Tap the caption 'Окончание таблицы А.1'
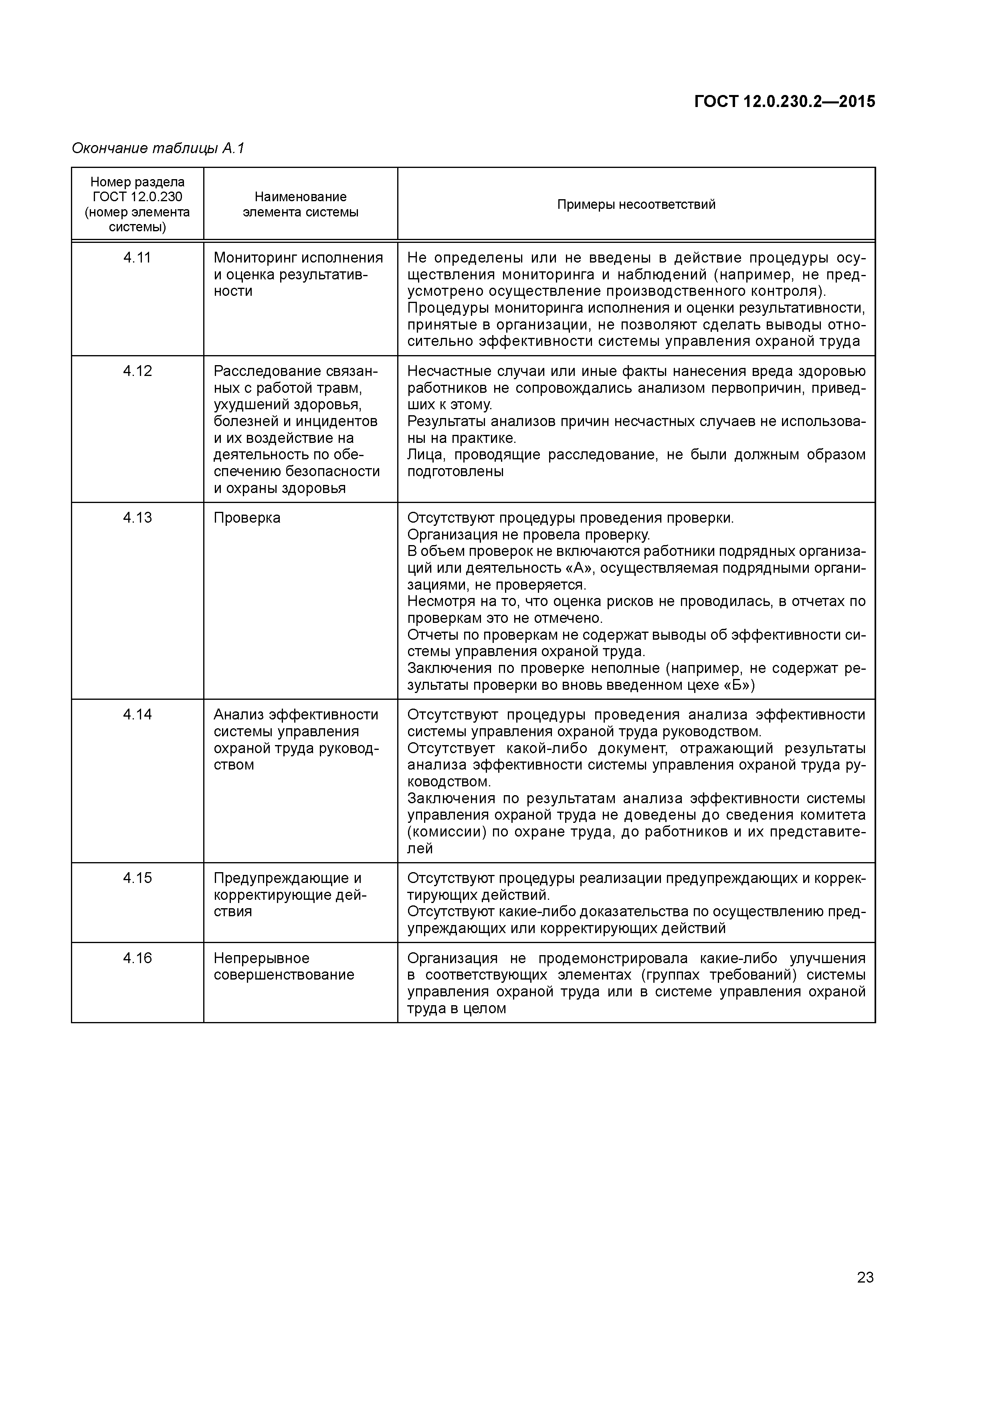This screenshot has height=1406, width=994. click(158, 148)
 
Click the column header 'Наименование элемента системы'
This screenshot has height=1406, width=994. click(300, 204)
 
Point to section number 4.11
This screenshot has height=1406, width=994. click(137, 258)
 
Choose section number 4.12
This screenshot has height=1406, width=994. click(137, 371)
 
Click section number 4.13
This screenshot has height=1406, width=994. click(137, 518)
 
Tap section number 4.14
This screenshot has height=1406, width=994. click(137, 715)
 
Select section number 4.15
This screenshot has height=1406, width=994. click(137, 878)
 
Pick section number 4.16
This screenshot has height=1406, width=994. click(137, 958)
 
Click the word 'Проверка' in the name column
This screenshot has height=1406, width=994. click(247, 518)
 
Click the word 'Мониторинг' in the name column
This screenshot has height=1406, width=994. click(251, 258)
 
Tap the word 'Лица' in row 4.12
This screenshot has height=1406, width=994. click(422, 455)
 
